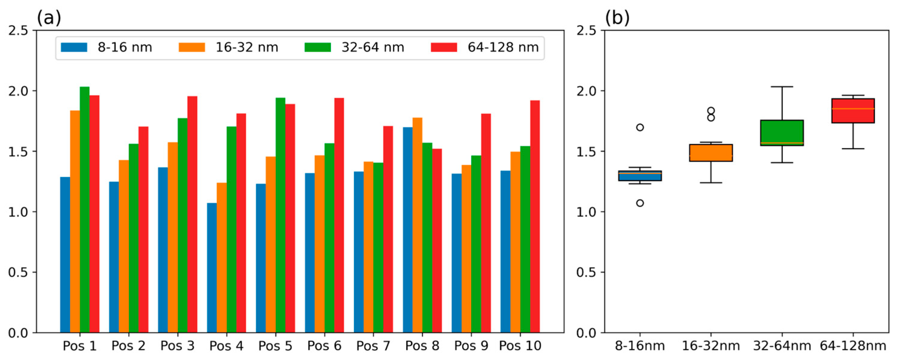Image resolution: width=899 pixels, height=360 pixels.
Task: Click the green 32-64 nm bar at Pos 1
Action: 84,210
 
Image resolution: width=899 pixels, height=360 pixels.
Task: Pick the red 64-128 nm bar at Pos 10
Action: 535,217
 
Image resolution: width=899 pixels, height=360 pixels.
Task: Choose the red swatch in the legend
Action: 443,48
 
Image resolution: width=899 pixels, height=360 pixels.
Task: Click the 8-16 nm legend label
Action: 124,48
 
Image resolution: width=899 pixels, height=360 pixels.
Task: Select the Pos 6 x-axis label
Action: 324,346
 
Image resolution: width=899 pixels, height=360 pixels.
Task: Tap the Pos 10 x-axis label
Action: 520,346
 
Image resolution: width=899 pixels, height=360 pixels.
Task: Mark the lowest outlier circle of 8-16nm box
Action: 640,203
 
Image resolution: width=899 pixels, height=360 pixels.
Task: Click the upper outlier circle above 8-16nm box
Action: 640,128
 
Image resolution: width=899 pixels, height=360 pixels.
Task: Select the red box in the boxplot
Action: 853,111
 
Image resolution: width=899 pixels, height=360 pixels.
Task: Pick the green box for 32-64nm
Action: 782,133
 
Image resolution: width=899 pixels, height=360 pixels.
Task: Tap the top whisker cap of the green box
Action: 782,87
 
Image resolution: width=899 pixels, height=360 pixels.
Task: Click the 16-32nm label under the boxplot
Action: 711,346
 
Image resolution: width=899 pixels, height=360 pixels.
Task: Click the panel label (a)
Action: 49,17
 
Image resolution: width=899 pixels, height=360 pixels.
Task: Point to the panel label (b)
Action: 617,17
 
